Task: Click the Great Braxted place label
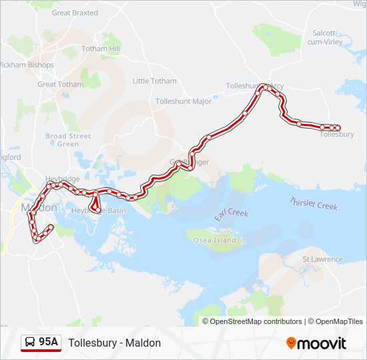pos(75,13)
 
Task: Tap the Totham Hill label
pos(100,49)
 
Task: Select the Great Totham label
pos(61,85)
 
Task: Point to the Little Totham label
pos(155,81)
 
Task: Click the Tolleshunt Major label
pos(183,101)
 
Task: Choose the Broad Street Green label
pos(68,140)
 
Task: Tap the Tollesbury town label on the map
pos(336,135)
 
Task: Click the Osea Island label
pos(215,240)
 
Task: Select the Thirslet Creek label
pos(314,204)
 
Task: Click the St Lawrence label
pos(322,259)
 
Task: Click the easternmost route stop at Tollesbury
pos(338,127)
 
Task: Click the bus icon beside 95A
pos(30,343)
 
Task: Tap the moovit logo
pos(316,343)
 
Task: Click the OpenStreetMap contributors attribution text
pos(256,321)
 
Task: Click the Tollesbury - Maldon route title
pos(114,343)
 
